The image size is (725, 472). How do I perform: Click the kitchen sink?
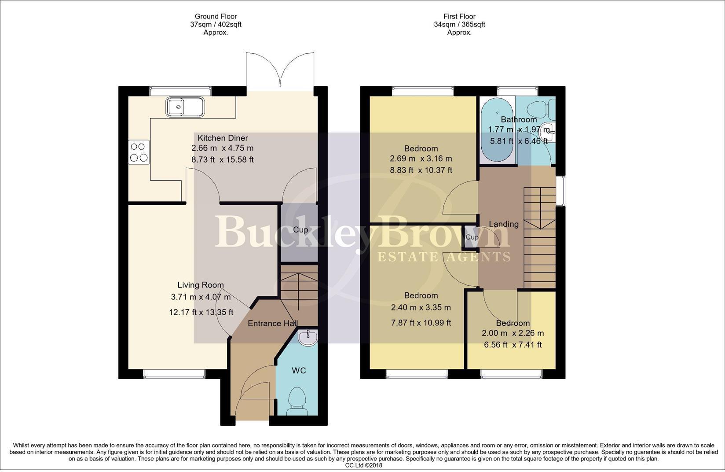click(x=185, y=107)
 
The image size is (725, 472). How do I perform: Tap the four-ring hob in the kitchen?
click(x=139, y=152)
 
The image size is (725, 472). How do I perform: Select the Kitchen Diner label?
click(x=223, y=138)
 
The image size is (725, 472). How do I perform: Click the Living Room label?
click(x=201, y=285)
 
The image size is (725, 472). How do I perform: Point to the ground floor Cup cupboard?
click(x=300, y=230)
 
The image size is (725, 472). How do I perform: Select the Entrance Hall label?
click(x=272, y=323)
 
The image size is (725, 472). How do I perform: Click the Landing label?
click(x=504, y=224)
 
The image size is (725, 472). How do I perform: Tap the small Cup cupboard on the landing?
click(x=472, y=237)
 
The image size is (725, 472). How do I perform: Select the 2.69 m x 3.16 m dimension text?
click(x=421, y=159)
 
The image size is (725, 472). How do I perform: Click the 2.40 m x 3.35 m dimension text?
click(x=421, y=307)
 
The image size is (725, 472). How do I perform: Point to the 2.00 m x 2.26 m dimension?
click(x=513, y=333)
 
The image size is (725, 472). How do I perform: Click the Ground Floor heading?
click(x=216, y=16)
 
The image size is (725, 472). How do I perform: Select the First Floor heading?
click(x=459, y=16)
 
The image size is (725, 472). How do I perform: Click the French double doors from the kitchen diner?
click(x=280, y=70)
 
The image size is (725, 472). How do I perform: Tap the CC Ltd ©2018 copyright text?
click(x=363, y=465)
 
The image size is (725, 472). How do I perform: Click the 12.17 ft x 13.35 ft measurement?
click(x=201, y=312)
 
